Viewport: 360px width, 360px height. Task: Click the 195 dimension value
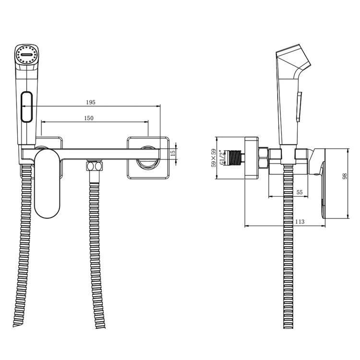(x=91, y=102)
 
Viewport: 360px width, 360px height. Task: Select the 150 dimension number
(x=89, y=118)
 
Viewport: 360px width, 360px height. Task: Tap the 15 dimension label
(x=173, y=152)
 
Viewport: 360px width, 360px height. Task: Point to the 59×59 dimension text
(x=214, y=158)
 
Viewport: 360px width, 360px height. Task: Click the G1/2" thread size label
(x=221, y=157)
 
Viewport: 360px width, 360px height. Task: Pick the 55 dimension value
(x=300, y=192)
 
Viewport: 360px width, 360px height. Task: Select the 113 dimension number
(x=300, y=222)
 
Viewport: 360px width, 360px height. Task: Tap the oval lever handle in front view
(x=48, y=183)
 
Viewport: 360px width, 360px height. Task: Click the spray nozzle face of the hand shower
(x=26, y=55)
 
